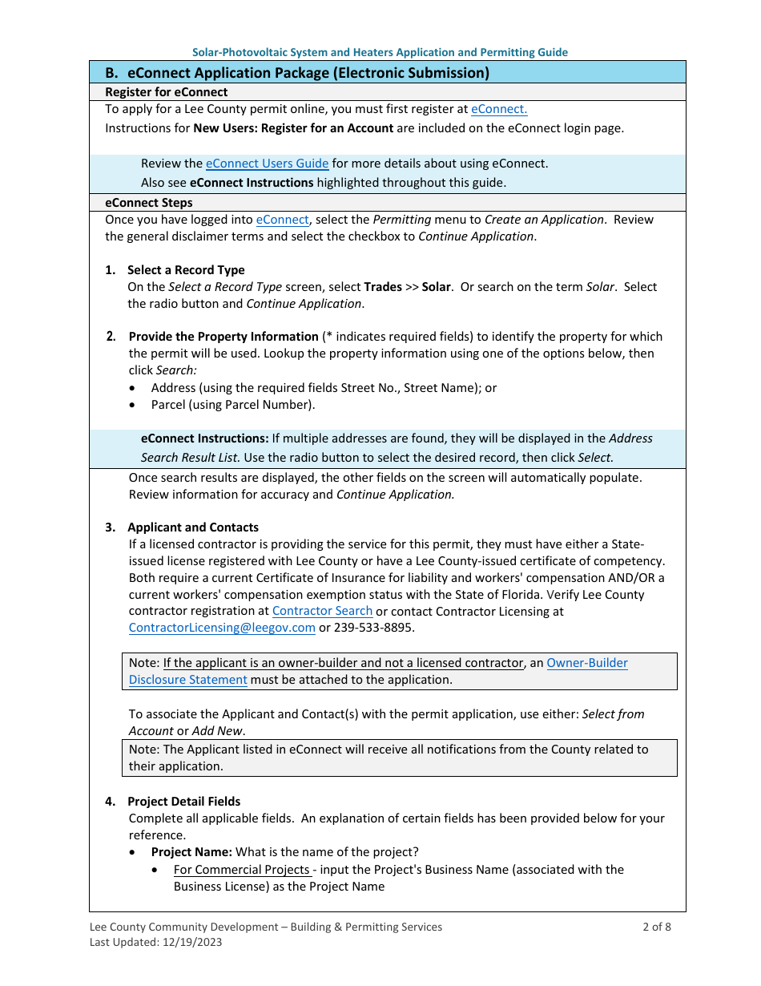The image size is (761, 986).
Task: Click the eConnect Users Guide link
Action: pyautogui.click(x=267, y=164)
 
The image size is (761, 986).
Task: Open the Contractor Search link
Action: pyautogui.click(x=322, y=611)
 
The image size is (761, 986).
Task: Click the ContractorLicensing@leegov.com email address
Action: pyautogui.click(x=222, y=628)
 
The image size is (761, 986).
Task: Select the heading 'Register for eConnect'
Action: pyautogui.click(x=167, y=92)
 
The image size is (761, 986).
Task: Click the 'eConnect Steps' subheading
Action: pyautogui.click(x=149, y=203)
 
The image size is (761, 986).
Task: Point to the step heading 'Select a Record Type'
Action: pyautogui.click(x=186, y=270)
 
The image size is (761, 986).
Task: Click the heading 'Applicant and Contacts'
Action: pyautogui.click(x=193, y=527)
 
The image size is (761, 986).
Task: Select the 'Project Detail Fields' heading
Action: pyautogui.click(x=183, y=802)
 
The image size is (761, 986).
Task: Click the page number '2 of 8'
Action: pyautogui.click(x=656, y=927)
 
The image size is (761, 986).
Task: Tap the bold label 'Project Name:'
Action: pyautogui.click(x=191, y=852)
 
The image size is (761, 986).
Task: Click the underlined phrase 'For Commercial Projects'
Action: pyautogui.click(x=242, y=870)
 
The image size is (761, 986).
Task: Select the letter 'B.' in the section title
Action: pyautogui.click(x=112, y=73)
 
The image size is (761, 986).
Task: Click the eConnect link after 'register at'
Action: pyautogui.click(x=498, y=109)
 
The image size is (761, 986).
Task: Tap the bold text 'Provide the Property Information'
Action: pyautogui.click(x=223, y=337)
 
